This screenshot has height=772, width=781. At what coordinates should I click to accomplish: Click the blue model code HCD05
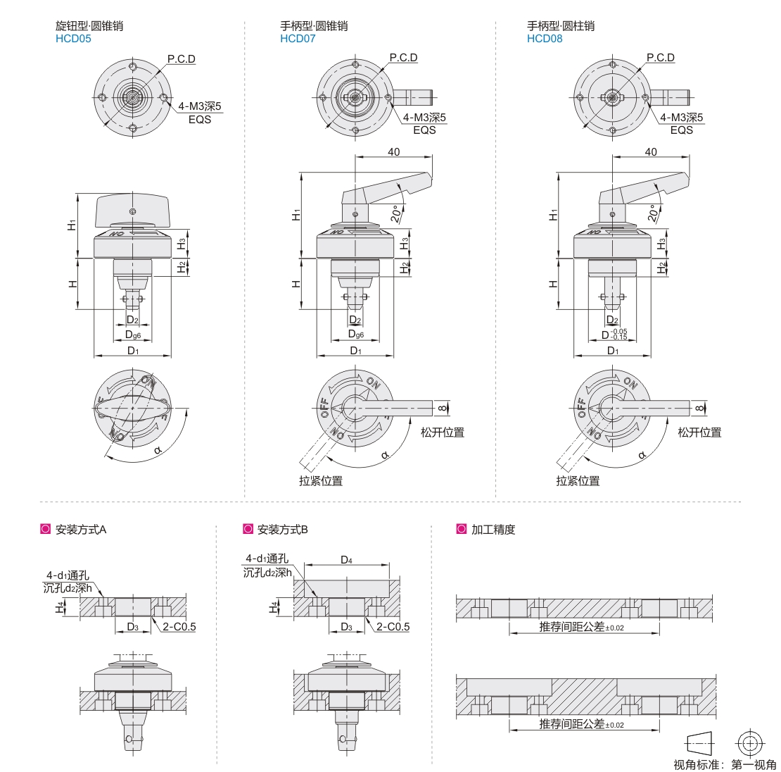pyautogui.click(x=73, y=39)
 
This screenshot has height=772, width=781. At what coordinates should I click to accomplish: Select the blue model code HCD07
pyautogui.click(x=298, y=39)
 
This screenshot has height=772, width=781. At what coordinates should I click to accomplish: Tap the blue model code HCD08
pyautogui.click(x=545, y=39)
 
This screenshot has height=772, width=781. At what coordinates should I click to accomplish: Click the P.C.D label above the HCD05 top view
pyautogui.click(x=182, y=59)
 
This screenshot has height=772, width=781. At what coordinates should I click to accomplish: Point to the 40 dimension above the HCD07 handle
pyautogui.click(x=393, y=151)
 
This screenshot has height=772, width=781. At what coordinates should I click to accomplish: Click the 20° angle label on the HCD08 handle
pyautogui.click(x=652, y=213)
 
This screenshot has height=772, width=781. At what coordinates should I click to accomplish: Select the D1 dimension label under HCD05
pyautogui.click(x=133, y=351)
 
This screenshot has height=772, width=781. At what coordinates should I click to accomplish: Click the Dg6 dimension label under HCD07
pyautogui.click(x=355, y=334)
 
